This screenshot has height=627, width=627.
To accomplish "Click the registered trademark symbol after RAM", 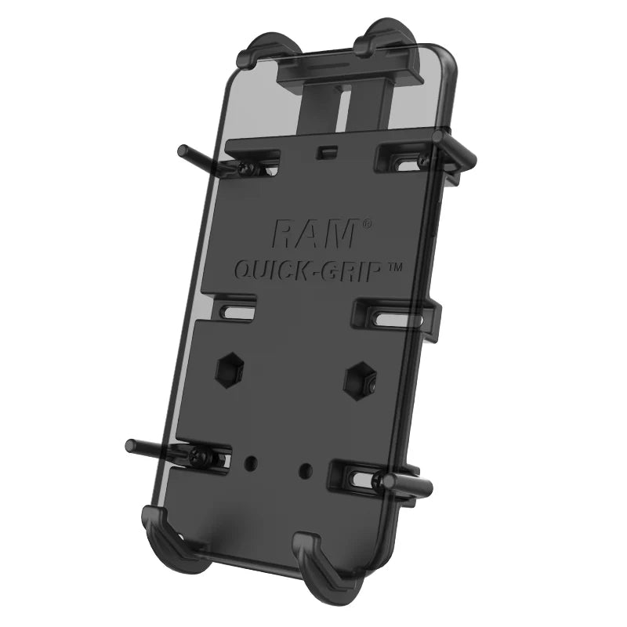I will [367, 224].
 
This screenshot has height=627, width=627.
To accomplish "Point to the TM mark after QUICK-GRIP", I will [396, 267].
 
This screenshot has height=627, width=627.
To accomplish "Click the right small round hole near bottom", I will [306, 470].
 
